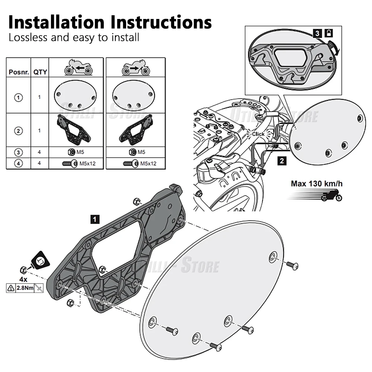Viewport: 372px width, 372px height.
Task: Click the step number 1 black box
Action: (95, 219)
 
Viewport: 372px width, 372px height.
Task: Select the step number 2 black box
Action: (282, 161)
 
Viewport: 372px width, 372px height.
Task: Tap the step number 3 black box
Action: (317, 33)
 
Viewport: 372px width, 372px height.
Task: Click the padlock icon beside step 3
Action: (328, 33)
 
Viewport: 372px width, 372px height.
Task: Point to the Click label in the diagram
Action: (258, 134)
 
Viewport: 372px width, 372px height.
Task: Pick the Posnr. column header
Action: (19, 72)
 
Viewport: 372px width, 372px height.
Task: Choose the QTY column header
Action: (40, 72)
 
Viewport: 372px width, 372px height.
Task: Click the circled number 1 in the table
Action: (19, 97)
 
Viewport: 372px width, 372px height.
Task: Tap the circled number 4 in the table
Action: (19, 163)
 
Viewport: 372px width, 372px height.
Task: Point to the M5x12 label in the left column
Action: (87, 163)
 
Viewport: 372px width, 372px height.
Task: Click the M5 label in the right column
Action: (141, 152)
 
